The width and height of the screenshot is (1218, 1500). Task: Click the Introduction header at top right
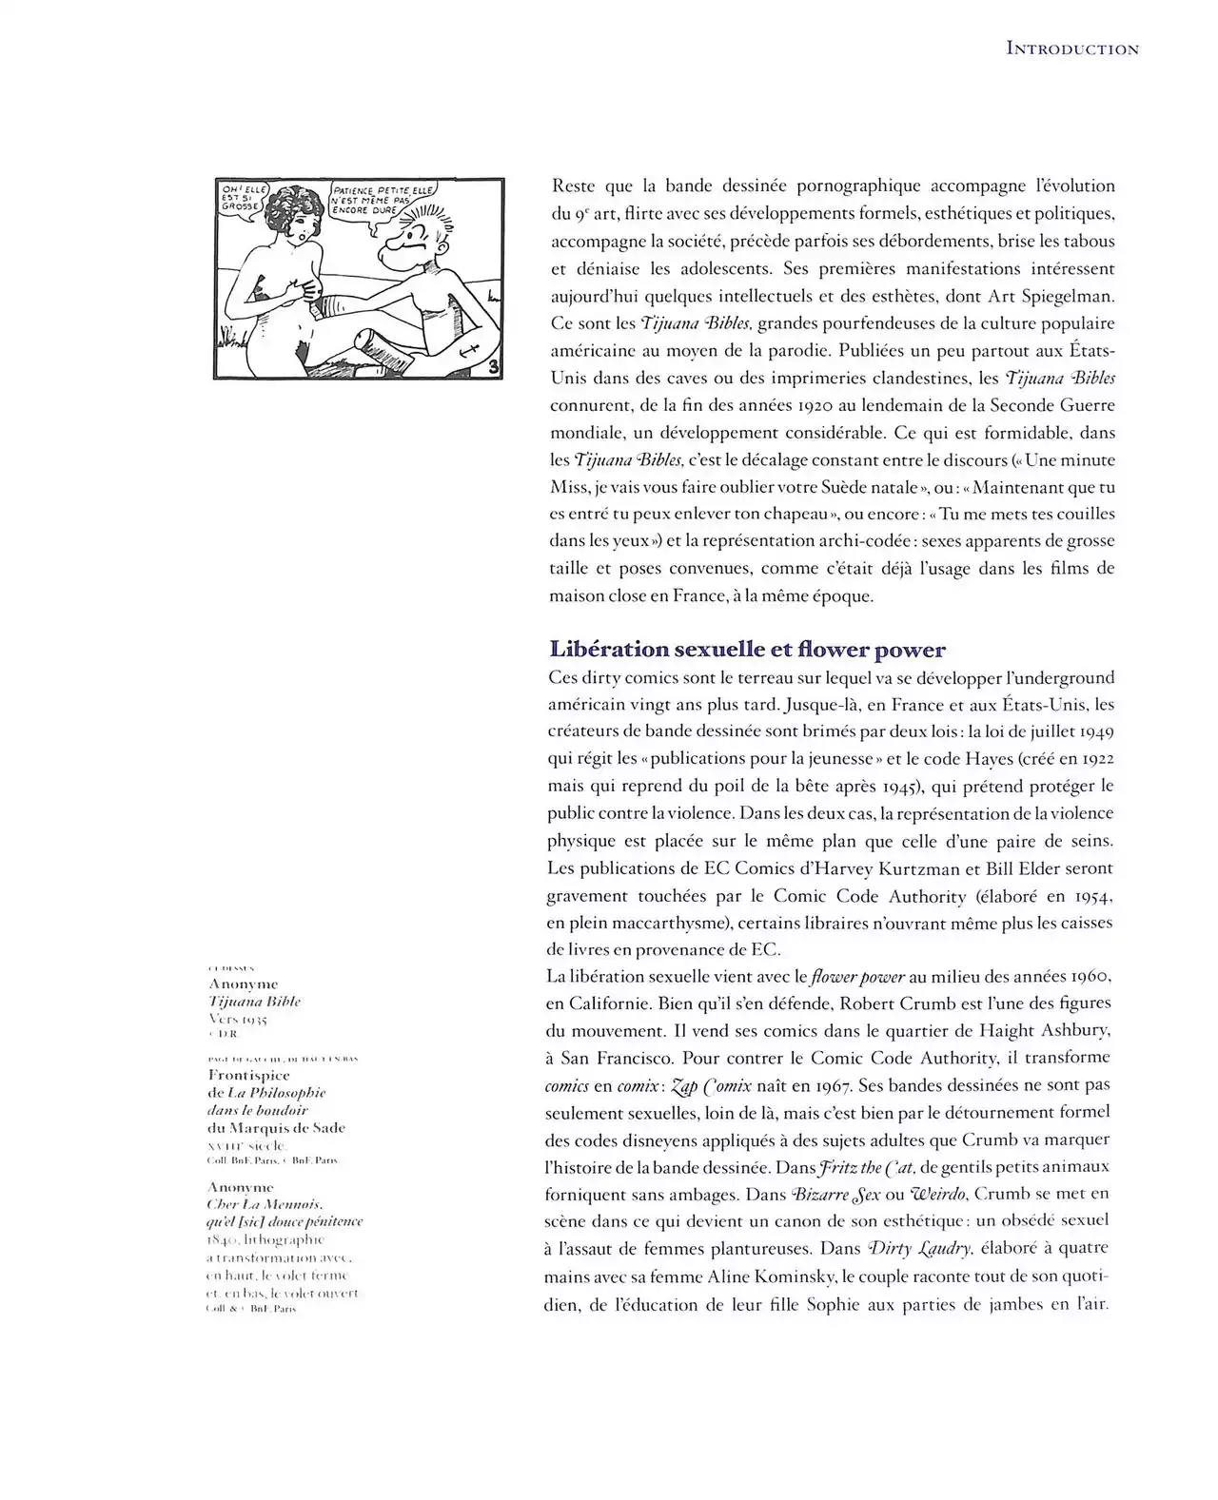click(1071, 49)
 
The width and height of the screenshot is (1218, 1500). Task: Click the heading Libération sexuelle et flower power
click(747, 651)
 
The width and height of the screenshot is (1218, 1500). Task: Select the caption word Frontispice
click(248, 1075)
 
